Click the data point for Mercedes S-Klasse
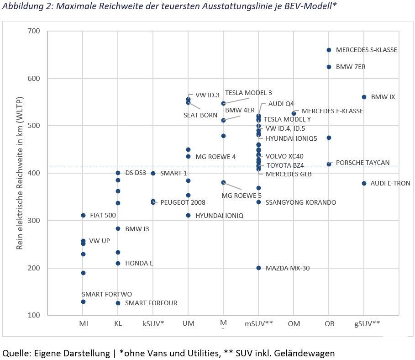(329, 50)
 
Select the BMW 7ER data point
(329, 67)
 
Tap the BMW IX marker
(364, 97)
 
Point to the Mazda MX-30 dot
(258, 268)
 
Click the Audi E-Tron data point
(364, 183)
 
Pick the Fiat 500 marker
(83, 215)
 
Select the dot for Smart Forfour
(118, 303)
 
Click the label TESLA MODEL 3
(248, 93)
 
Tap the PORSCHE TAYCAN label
(363, 163)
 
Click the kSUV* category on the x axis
(153, 323)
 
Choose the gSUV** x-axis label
(367, 323)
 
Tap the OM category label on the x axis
(294, 323)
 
